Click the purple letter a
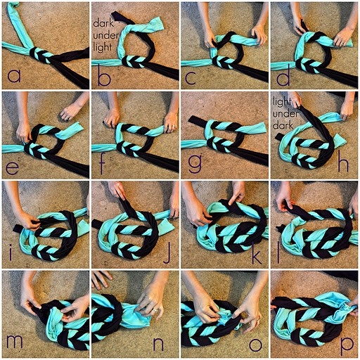14,75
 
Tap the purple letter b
104,73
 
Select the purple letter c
191,77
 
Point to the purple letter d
283,74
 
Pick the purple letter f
102,163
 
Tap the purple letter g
195,163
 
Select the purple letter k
257,252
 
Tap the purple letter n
158,344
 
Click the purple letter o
255,345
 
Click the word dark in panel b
103,23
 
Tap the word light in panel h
282,102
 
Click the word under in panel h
285,114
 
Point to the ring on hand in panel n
155,310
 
